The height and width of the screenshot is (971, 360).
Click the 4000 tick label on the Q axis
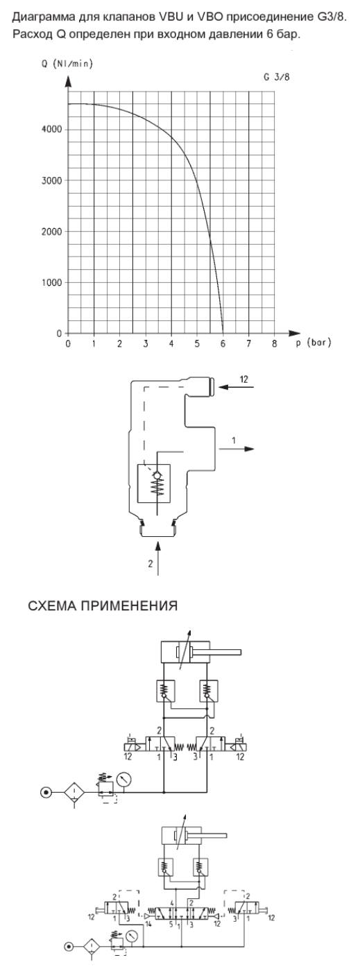(51, 130)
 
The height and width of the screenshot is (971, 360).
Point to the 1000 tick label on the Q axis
(51, 283)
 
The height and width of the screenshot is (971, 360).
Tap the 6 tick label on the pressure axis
(223, 344)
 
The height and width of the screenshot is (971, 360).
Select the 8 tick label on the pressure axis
(274, 344)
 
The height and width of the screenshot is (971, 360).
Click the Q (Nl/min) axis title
(67, 64)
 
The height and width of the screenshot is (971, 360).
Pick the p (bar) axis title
(314, 343)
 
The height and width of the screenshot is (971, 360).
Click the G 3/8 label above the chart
(276, 77)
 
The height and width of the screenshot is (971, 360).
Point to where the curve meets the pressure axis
(223, 334)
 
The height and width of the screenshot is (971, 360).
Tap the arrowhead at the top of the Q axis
(68, 80)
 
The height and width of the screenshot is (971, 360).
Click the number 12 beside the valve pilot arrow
(244, 379)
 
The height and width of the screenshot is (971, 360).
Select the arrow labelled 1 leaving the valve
(237, 449)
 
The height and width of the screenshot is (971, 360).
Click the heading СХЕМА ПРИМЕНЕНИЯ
(103, 605)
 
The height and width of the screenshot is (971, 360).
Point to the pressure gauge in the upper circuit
(124, 779)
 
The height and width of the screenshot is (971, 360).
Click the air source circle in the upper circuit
(46, 792)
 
